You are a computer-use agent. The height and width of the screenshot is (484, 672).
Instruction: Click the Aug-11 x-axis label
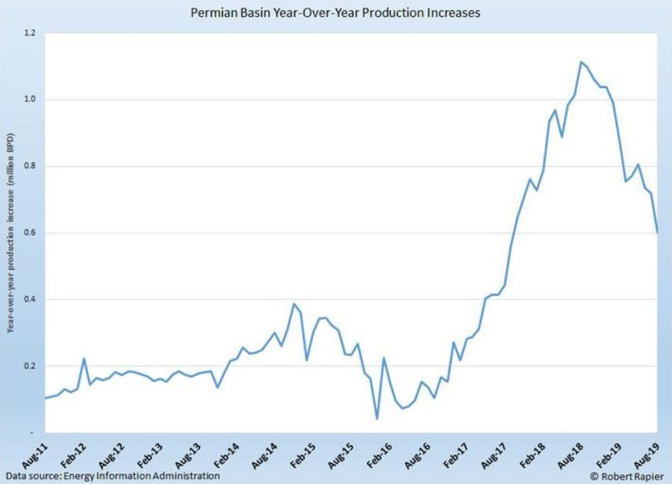click(x=34, y=453)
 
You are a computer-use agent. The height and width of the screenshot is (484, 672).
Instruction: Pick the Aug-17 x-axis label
click(x=496, y=453)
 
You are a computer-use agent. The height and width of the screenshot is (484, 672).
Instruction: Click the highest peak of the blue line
click(x=581, y=62)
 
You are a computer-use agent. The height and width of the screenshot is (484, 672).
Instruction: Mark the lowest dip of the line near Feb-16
click(x=377, y=419)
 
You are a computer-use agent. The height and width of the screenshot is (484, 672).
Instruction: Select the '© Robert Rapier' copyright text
click(x=626, y=476)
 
